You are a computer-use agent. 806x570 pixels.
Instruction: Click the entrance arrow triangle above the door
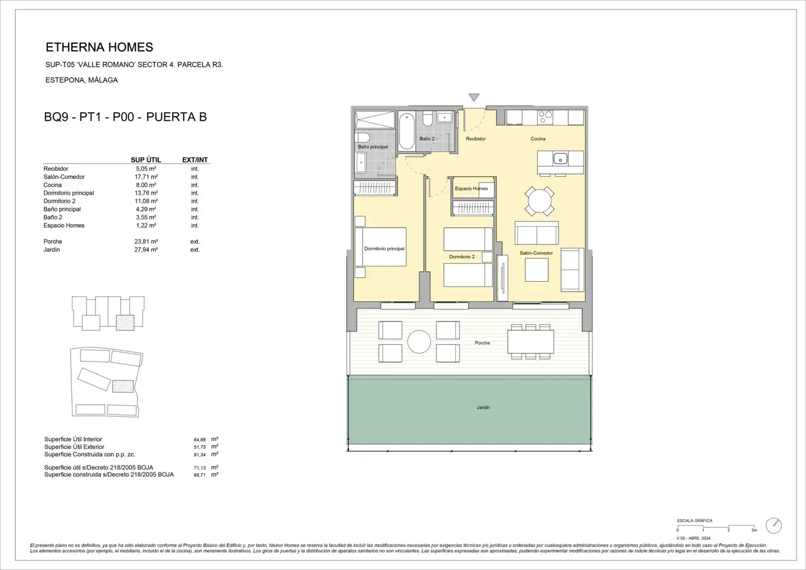[474, 97]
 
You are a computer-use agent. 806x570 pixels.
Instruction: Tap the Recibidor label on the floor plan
[476, 139]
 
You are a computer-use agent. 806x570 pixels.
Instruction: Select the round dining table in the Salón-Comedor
[539, 201]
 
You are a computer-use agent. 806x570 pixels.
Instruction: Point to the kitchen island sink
[560, 158]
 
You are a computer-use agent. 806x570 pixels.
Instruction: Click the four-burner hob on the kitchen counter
[545, 117]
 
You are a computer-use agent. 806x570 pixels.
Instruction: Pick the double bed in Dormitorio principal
[381, 247]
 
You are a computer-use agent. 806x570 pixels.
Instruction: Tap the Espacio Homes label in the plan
[471, 188]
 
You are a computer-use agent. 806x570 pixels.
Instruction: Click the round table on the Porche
[419, 342]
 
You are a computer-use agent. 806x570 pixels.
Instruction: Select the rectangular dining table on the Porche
[531, 342]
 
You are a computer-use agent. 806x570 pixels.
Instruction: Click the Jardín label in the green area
[483, 407]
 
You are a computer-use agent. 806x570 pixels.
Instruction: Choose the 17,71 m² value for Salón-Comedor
[146, 177]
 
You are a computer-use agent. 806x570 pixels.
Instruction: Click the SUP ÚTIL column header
[146, 160]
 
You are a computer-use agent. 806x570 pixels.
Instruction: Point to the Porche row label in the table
[53, 242]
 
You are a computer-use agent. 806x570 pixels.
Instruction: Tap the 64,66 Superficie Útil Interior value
[200, 440]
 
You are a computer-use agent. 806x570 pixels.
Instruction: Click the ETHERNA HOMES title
[99, 47]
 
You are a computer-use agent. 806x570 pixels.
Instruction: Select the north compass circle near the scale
[774, 526]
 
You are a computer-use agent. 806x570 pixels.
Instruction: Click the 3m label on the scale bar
[754, 530]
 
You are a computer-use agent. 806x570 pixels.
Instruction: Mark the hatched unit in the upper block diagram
[125, 322]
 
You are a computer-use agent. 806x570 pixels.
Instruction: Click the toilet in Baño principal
[362, 138]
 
